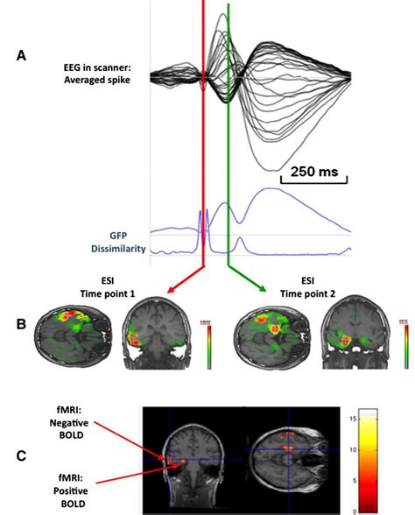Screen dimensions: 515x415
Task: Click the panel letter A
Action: pyautogui.click(x=21, y=55)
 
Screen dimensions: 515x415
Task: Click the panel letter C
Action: pyautogui.click(x=21, y=455)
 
